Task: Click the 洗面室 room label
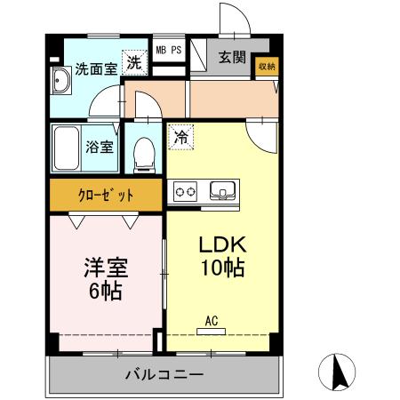point(95,68)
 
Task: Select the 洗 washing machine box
point(132,62)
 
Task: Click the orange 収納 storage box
point(267,67)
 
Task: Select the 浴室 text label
point(99,147)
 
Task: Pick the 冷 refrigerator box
point(180,138)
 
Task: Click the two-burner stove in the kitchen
point(187,189)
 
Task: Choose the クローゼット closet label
point(105,195)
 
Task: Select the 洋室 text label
point(104,266)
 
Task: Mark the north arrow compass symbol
point(338,370)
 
